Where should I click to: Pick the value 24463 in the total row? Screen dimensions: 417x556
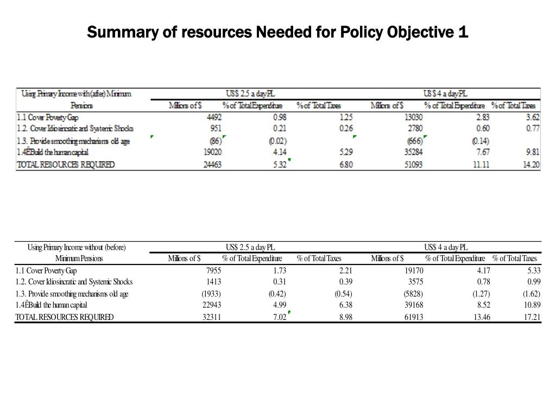click(212, 165)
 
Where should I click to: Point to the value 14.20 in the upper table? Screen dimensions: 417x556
click(531, 165)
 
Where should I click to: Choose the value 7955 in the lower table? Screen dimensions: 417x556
click(212, 270)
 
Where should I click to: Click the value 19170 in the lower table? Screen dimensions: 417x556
click(413, 270)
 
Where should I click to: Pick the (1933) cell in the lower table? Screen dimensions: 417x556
click(211, 294)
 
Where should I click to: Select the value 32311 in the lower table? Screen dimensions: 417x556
click(211, 317)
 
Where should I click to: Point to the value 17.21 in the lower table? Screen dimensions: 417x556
click(532, 317)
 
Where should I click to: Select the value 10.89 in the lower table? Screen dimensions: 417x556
click(531, 305)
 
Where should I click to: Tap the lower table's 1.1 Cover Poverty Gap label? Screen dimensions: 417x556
click(47, 270)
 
